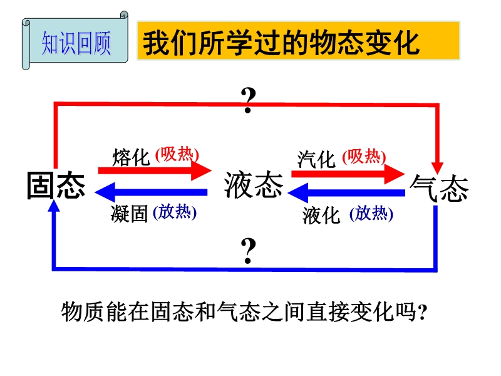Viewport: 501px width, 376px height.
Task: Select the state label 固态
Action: pyautogui.click(x=56, y=185)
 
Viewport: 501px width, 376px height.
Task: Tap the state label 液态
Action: pyautogui.click(x=254, y=185)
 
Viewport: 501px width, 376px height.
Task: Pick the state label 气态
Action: pyautogui.click(x=439, y=188)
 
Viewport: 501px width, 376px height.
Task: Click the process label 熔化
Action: pyautogui.click(x=131, y=157)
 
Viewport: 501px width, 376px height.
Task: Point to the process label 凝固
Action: pyautogui.click(x=130, y=214)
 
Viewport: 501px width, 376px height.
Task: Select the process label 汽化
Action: pyautogui.click(x=316, y=159)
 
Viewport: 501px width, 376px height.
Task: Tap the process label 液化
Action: pyautogui.click(x=321, y=215)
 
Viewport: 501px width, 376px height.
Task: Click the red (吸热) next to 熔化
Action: pyautogui.click(x=177, y=155)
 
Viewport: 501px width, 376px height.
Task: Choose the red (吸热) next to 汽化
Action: pyautogui.click(x=364, y=157)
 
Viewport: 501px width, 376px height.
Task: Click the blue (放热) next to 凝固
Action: pyautogui.click(x=175, y=212)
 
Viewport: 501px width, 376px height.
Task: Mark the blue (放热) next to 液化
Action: pyautogui.click(x=371, y=214)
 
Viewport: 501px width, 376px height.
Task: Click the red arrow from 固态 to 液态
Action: pyautogui.click(x=155, y=170)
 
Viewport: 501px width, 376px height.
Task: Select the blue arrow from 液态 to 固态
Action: pyautogui.click(x=151, y=192)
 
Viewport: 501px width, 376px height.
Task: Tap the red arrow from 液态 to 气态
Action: pyautogui.click(x=348, y=174)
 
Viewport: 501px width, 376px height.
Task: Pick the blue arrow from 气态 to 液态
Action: pyautogui.click(x=346, y=193)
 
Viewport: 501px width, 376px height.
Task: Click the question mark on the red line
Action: pyautogui.click(x=248, y=100)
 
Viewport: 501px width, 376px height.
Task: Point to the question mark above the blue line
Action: pyautogui.click(x=248, y=251)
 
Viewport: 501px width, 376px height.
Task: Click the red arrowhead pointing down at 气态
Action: pyautogui.click(x=437, y=167)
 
